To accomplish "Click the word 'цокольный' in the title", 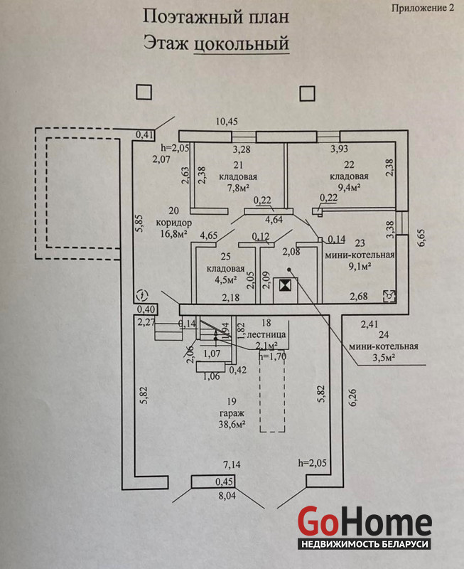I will (x=241, y=43).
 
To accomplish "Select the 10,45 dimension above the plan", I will (x=227, y=122).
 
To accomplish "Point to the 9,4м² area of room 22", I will (x=349, y=188).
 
